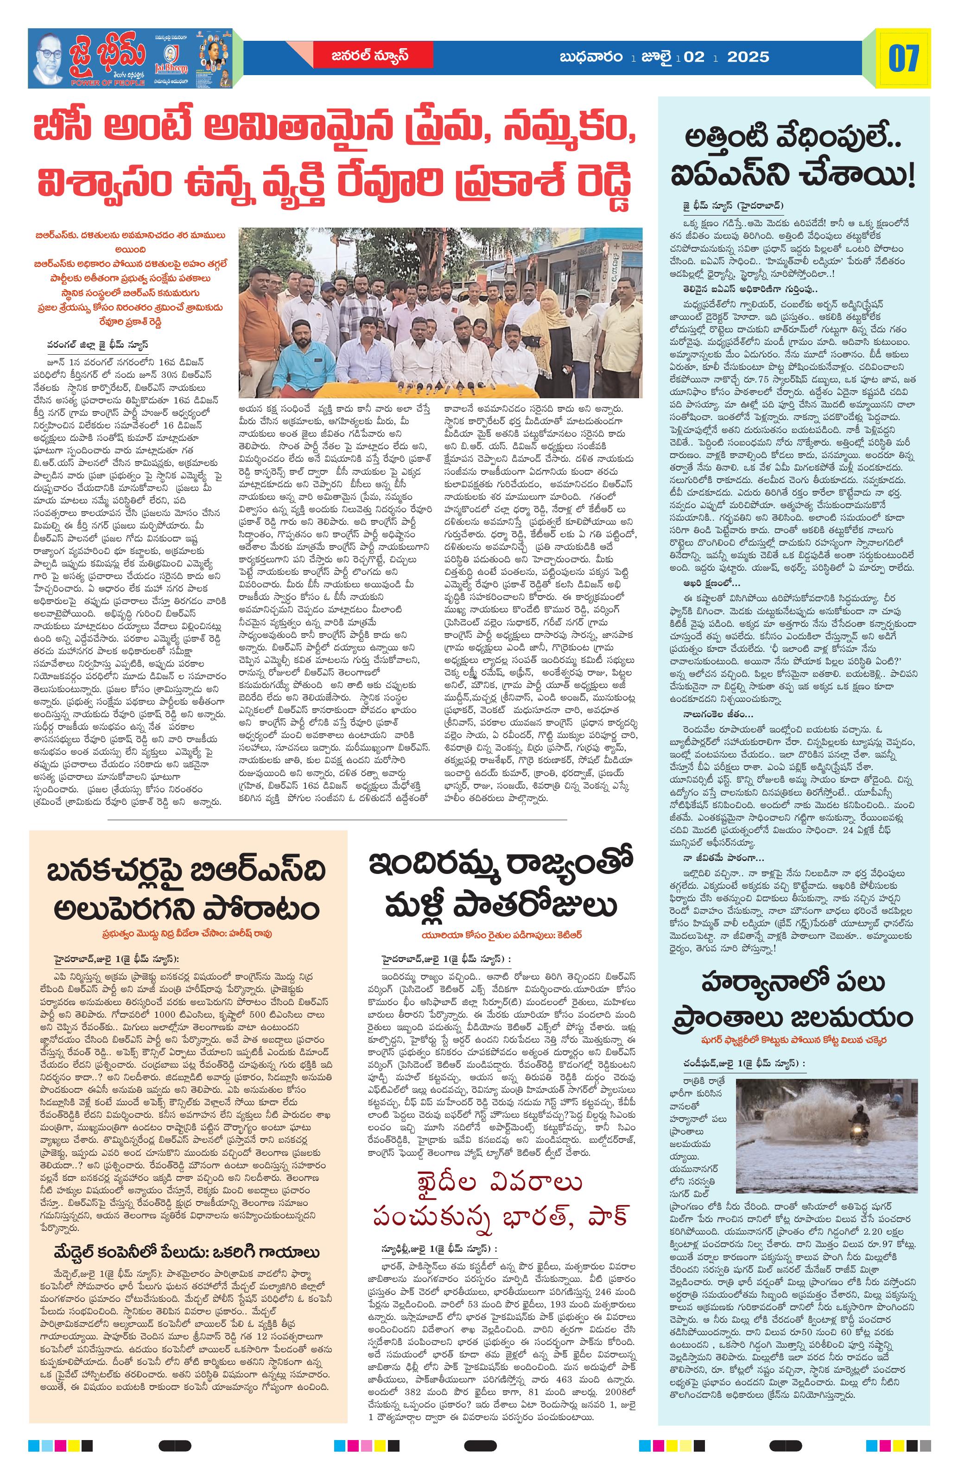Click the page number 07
tap(903, 58)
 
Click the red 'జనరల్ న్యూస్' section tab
tap(370, 55)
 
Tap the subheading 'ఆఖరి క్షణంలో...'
tap(708, 583)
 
